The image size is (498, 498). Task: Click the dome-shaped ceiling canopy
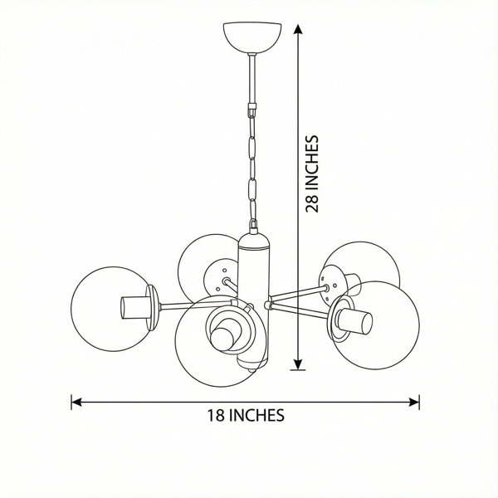pos(252,37)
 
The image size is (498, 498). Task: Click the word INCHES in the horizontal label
pos(256,416)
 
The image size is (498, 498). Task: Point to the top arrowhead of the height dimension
pos(298,29)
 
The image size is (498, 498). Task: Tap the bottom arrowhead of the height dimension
pos(298,365)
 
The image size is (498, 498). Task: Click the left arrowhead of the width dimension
pos(76,402)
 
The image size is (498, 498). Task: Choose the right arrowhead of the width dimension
pos(414,402)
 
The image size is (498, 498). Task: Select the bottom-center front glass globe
pos(221,341)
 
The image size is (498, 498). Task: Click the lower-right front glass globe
pos(375,325)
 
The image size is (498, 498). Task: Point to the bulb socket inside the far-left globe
pos(135,307)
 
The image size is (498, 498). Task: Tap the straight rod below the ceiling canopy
pos(252,79)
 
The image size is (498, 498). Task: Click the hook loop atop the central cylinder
pos(253,226)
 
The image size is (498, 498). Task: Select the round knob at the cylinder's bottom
pos(252,369)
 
